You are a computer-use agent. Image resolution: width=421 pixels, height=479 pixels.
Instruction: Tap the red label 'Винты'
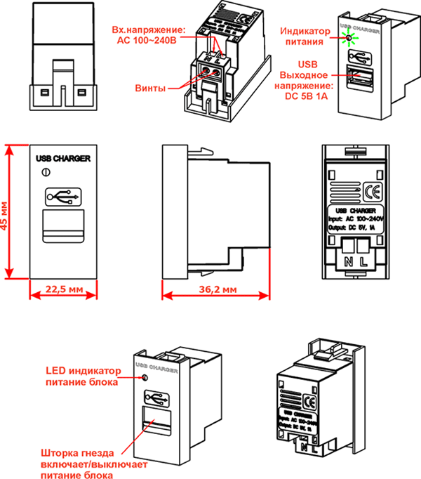point(150,88)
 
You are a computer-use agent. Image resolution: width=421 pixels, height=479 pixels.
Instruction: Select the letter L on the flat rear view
point(365,261)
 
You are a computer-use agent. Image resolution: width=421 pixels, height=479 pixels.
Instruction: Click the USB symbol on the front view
point(63,197)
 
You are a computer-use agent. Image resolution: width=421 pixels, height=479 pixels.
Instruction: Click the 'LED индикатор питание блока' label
point(83,376)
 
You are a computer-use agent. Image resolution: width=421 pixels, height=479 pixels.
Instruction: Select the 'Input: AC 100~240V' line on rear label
point(358,219)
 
